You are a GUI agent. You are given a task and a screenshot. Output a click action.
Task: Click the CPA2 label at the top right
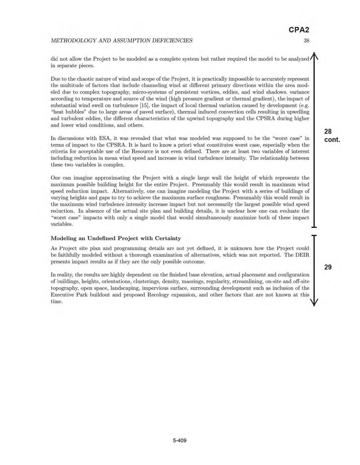(x=299, y=30)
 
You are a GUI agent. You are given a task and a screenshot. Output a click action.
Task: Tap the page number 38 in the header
(x=306, y=40)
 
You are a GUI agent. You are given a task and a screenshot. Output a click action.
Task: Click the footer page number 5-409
(x=179, y=440)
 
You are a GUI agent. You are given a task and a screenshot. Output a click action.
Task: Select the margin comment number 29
(x=328, y=267)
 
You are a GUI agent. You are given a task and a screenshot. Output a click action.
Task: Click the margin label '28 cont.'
(x=332, y=135)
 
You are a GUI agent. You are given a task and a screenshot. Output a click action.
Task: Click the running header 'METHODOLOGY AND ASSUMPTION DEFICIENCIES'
(x=121, y=40)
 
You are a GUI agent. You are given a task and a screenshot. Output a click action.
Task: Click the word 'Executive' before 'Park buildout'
(x=66, y=295)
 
